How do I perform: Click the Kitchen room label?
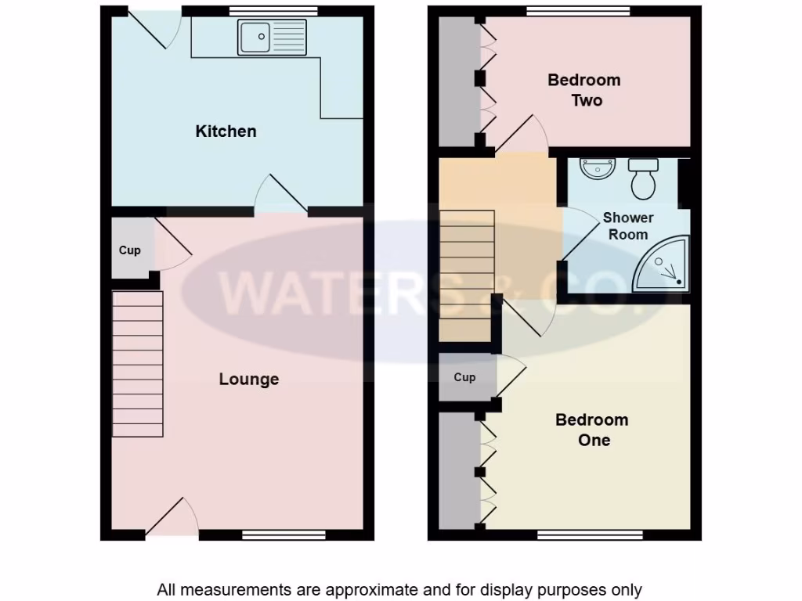[x=226, y=131]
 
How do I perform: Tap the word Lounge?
[x=249, y=380]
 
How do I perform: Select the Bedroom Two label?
[x=584, y=90]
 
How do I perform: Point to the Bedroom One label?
[x=592, y=430]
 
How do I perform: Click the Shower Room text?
[x=628, y=226]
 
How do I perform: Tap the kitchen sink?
[x=273, y=37]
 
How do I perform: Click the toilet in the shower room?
[x=644, y=180]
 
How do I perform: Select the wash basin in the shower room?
[x=598, y=167]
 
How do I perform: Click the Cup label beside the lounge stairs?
[x=130, y=250]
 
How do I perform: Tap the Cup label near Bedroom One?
[x=464, y=377]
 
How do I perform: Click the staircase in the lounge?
[x=138, y=364]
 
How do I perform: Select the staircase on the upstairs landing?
[x=467, y=275]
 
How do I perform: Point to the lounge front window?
[x=284, y=535]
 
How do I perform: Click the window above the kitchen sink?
[x=274, y=11]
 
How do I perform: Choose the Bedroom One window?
[x=590, y=535]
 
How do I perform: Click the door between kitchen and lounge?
[x=280, y=196]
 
